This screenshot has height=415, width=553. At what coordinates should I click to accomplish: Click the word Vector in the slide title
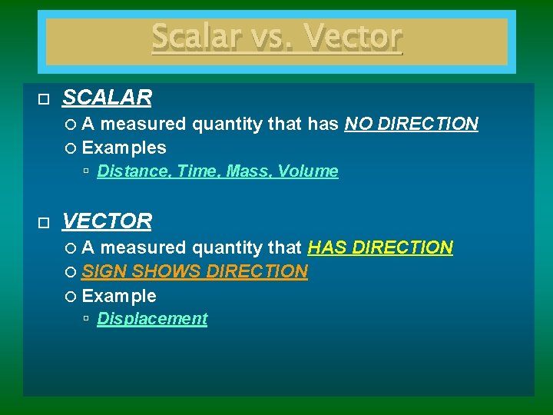coord(353,37)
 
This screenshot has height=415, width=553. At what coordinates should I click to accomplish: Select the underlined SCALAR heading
coord(107,98)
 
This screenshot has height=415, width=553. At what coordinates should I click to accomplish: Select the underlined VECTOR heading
coord(107,221)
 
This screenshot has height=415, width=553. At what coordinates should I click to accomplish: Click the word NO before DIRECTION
coord(359,124)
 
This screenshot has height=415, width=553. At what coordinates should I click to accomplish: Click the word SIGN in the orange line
coord(104,271)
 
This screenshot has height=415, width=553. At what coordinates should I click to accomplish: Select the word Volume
coord(308,171)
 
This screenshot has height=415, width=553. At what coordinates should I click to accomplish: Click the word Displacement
coord(152,319)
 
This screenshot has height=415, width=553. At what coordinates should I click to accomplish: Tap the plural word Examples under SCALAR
coord(124,148)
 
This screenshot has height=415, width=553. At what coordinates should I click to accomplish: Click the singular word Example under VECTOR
coord(118,296)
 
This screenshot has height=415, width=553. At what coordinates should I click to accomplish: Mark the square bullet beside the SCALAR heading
coord(43,99)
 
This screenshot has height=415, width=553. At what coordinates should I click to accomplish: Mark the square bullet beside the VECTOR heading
coord(43,223)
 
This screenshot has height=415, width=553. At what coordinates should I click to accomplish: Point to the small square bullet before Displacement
coord(88,319)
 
